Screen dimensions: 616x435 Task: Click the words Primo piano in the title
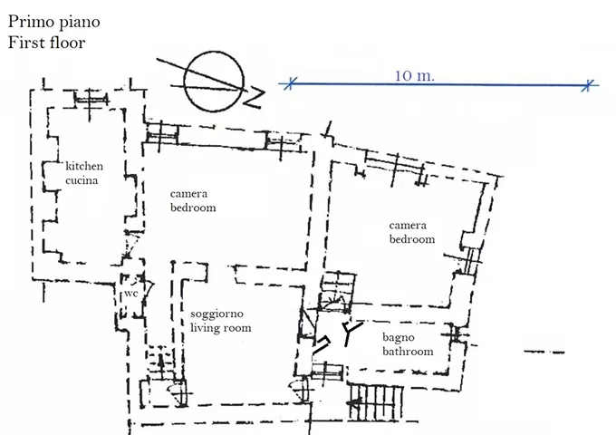coord(53,23)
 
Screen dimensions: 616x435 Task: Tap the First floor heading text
coord(46,43)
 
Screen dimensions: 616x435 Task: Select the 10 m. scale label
coord(415,75)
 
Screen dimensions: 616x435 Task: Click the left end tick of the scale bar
coord(290,83)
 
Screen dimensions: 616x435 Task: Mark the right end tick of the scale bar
coord(587,85)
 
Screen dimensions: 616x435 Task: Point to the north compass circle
coord(214,82)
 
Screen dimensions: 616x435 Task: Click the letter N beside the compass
coord(255,98)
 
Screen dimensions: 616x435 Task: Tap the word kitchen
coord(84,166)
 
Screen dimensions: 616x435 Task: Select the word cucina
coord(82,180)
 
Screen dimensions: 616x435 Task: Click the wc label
coord(130,294)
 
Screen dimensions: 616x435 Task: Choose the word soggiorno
coord(217,314)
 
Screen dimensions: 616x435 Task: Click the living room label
coord(220,328)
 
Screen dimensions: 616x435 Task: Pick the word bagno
coord(398,338)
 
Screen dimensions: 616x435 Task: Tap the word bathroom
coord(408,352)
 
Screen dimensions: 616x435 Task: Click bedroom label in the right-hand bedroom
coord(411,239)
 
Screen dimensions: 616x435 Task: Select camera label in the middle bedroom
coord(188,194)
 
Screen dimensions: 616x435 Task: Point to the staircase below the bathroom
coord(376,402)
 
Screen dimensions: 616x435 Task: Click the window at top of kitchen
coord(91,98)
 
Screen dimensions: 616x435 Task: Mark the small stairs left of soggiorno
coord(161,362)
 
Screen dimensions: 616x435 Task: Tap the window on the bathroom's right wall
coord(456,334)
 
